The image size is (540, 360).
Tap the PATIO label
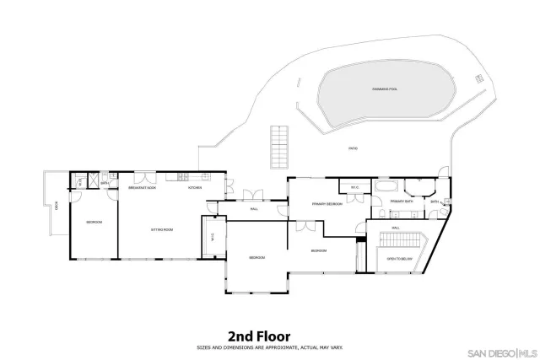click(353, 148)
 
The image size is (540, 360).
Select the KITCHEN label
click(194, 188)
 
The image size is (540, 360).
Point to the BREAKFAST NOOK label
click(142, 188)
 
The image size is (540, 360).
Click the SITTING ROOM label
click(162, 228)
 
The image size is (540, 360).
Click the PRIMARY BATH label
click(402, 201)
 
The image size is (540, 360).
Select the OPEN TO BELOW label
click(399, 259)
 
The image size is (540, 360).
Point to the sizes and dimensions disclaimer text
click(269, 346)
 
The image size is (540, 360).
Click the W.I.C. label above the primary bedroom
click(355, 188)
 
